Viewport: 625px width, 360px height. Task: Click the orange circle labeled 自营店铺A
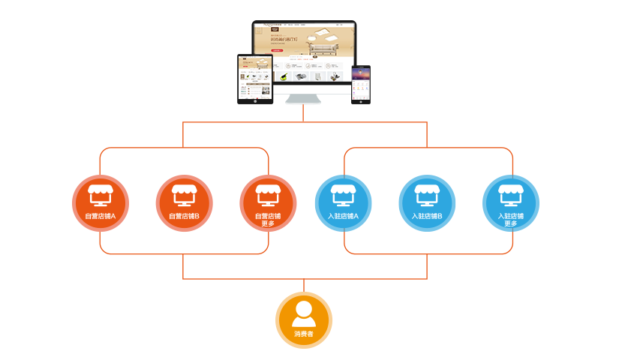tap(100, 203)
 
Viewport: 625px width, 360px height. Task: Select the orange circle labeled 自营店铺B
tap(184, 203)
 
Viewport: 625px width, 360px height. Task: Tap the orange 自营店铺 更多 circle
tap(268, 203)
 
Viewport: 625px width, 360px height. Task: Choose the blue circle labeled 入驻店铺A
tap(343, 203)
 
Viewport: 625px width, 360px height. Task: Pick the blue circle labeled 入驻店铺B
tap(427, 203)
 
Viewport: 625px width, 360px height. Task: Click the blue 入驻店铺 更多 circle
tap(511, 203)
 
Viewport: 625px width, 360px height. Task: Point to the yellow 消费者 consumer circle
tap(303, 319)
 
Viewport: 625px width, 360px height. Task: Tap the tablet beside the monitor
tap(254, 78)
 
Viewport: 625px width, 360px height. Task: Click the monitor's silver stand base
tap(303, 100)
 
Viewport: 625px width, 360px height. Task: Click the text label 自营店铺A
tap(100, 216)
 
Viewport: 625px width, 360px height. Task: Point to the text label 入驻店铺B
tap(427, 216)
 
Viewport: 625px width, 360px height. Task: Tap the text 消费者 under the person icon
tap(303, 333)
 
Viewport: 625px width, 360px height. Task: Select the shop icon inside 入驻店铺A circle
tap(343, 195)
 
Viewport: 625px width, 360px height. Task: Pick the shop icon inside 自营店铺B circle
tap(184, 195)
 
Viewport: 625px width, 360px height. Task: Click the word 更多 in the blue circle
tap(511, 223)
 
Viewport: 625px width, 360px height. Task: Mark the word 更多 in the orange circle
tap(268, 223)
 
